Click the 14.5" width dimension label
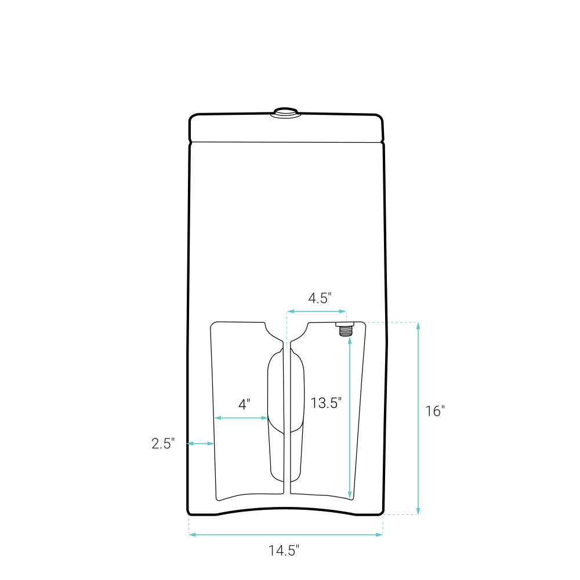[x=284, y=550]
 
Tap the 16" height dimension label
[x=434, y=411]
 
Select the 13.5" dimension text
[x=325, y=403]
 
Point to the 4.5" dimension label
[x=320, y=298]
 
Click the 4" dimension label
[x=244, y=404]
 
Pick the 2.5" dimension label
[x=162, y=444]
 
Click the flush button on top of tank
[x=285, y=112]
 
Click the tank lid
[x=287, y=128]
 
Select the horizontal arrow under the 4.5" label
[x=317, y=312]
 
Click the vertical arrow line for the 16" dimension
[x=418, y=418]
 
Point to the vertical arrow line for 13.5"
[x=349, y=418]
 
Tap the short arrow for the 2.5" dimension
[x=201, y=444]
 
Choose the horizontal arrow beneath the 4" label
[x=241, y=418]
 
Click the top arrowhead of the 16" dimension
[x=418, y=325]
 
